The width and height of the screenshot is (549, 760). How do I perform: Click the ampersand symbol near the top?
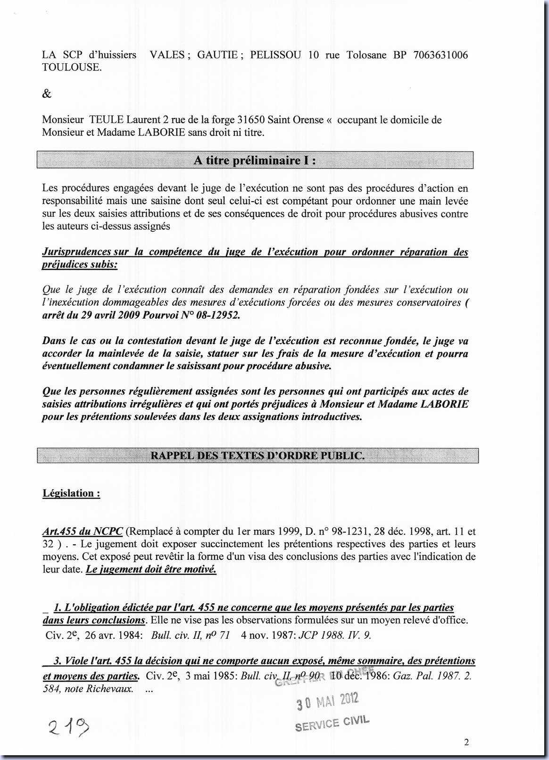[x=47, y=93]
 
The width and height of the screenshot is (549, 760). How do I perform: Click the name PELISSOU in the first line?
[x=275, y=55]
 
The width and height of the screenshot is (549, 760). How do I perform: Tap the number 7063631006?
[x=441, y=55]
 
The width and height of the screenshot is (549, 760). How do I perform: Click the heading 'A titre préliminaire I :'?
[x=255, y=160]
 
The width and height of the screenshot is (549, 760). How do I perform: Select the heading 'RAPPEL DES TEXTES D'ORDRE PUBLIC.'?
[x=257, y=456]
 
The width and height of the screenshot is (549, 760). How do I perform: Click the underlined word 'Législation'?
[x=68, y=493]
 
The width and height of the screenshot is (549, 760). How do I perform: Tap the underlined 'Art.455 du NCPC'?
[x=83, y=532]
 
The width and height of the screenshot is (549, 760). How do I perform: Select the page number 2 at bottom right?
[x=466, y=742]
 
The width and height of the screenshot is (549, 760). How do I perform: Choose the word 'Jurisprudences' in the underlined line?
[x=78, y=252]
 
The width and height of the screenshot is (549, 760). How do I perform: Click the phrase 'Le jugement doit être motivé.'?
[x=151, y=569]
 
